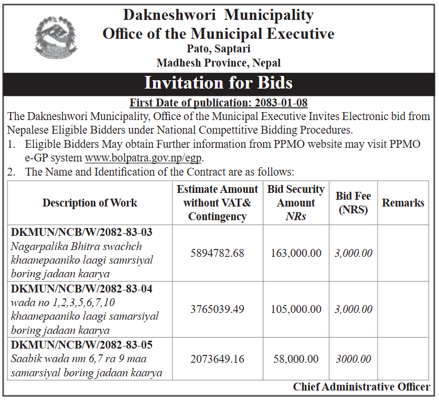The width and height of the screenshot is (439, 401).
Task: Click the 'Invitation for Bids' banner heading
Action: coord(218,83)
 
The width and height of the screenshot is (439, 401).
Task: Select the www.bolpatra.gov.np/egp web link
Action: coord(144,157)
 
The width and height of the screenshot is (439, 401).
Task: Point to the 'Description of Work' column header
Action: coord(90,203)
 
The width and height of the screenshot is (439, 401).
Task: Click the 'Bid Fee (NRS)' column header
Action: coord(353,203)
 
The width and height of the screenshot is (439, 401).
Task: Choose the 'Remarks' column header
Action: coord(403,203)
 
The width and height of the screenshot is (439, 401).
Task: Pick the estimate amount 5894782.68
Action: coord(217,253)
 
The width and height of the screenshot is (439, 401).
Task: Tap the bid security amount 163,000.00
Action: coord(296,253)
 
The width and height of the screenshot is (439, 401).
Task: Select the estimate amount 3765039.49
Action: coord(217,309)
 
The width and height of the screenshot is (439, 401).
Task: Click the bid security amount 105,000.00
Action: coord(296,309)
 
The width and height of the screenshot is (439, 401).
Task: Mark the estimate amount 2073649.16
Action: coord(217,359)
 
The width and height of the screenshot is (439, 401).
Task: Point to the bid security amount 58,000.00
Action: coord(296,359)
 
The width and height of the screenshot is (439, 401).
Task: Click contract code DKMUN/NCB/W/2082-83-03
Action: coord(82,232)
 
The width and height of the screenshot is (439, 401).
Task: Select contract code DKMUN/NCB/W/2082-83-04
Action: coord(82,289)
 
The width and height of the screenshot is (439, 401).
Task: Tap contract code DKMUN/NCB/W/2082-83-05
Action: coord(82,345)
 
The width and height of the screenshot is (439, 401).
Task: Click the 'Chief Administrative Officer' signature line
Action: coord(361,387)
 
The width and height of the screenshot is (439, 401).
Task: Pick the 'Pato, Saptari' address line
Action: coord(218,49)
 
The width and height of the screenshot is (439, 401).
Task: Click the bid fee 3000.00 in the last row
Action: coord(353,359)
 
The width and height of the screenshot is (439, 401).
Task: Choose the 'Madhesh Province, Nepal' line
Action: coord(218,63)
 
